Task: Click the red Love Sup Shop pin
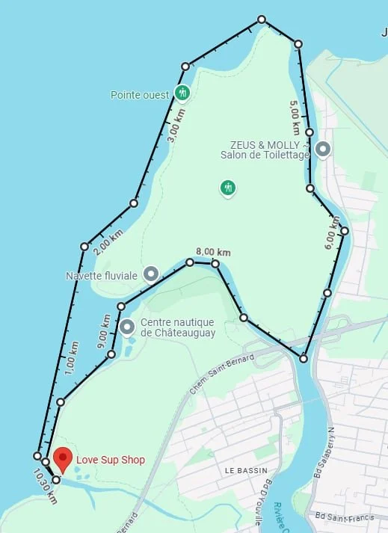(64, 458)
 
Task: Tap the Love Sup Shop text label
(111, 460)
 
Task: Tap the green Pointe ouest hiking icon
(182, 93)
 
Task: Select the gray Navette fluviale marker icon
(151, 274)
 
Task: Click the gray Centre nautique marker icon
(127, 327)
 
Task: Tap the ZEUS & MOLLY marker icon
(323, 149)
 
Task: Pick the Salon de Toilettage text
(265, 155)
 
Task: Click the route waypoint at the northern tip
(262, 19)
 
